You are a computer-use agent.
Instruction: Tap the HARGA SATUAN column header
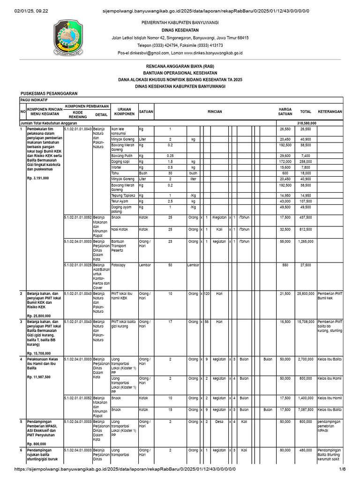coord(285,112)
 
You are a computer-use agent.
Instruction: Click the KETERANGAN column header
coord(330,112)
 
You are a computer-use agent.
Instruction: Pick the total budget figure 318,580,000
coord(307,123)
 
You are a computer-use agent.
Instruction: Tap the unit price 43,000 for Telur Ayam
coord(285,201)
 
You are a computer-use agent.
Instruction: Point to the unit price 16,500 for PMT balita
coord(285,322)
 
